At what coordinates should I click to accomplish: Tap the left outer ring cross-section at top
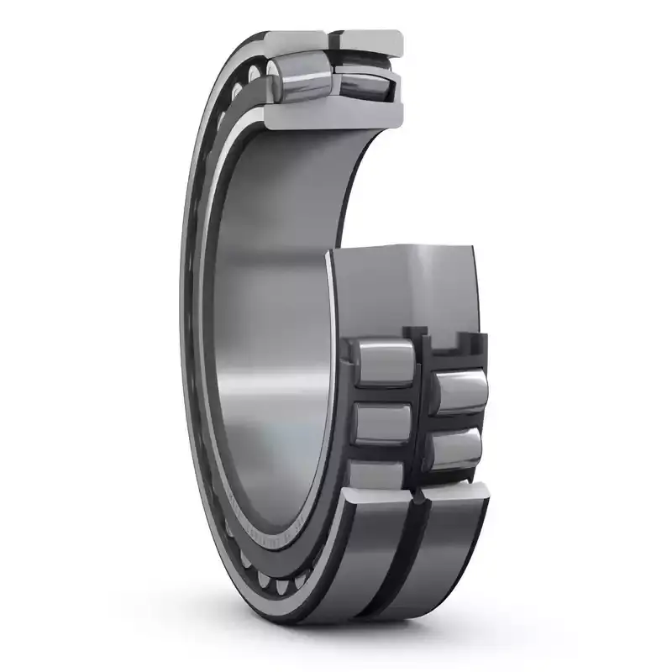click(295, 39)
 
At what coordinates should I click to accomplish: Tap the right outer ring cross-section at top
click(370, 39)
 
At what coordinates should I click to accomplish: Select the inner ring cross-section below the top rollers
click(336, 113)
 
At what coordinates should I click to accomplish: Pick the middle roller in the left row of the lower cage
click(383, 423)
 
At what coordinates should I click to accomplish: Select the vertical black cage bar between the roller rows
click(420, 403)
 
